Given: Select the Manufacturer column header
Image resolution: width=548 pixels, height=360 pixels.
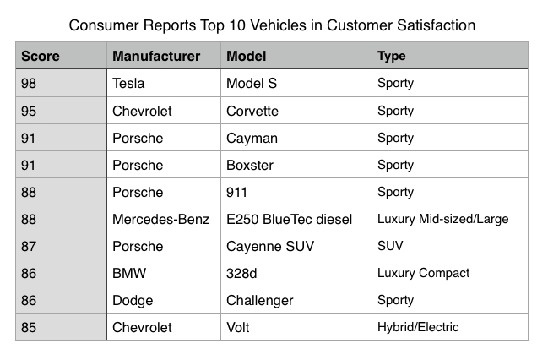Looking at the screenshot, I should pyautogui.click(x=156, y=57).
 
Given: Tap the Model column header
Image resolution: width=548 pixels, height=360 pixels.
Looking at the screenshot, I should pyautogui.click(x=247, y=57).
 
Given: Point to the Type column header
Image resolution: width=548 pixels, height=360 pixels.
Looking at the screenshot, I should pyautogui.click(x=392, y=57).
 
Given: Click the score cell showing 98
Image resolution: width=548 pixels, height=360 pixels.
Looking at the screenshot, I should pyautogui.click(x=30, y=84).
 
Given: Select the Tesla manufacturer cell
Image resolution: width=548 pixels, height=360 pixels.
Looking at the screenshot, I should pyautogui.click(x=128, y=84).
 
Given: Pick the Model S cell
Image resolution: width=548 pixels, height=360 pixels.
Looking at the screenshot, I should pyautogui.click(x=252, y=84).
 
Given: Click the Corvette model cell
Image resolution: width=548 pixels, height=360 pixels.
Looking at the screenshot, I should pyautogui.click(x=252, y=111).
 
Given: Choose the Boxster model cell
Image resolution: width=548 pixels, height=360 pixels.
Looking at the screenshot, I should pyautogui.click(x=251, y=165).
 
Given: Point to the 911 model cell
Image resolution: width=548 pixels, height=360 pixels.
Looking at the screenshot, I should pyautogui.click(x=237, y=192).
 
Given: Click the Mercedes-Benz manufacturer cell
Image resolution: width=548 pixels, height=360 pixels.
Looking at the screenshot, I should pyautogui.click(x=160, y=219).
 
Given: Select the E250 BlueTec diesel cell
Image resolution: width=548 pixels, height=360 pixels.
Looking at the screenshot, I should pyautogui.click(x=291, y=219).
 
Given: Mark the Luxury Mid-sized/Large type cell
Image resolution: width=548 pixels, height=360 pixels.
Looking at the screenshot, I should pyautogui.click(x=443, y=219).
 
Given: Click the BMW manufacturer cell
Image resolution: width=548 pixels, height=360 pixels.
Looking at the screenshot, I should pyautogui.click(x=128, y=273).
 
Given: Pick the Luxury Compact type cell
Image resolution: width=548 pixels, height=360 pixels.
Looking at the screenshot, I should pyautogui.click(x=424, y=273).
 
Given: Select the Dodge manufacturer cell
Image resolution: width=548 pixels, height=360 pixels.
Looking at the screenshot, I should pyautogui.click(x=133, y=300).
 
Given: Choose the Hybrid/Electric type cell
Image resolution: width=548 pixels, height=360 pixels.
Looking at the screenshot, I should pyautogui.click(x=418, y=327).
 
